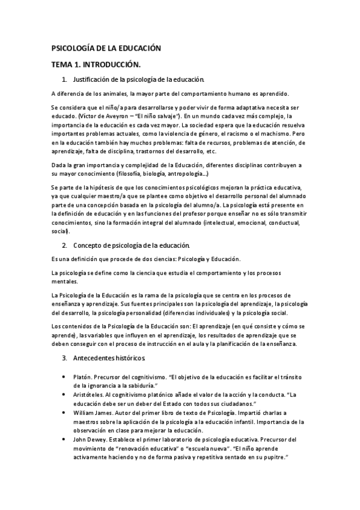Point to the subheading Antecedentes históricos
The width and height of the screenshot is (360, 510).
tap(109, 358)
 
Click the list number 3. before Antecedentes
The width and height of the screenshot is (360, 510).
tap(64, 358)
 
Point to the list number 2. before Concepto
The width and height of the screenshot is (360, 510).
tap(64, 245)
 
